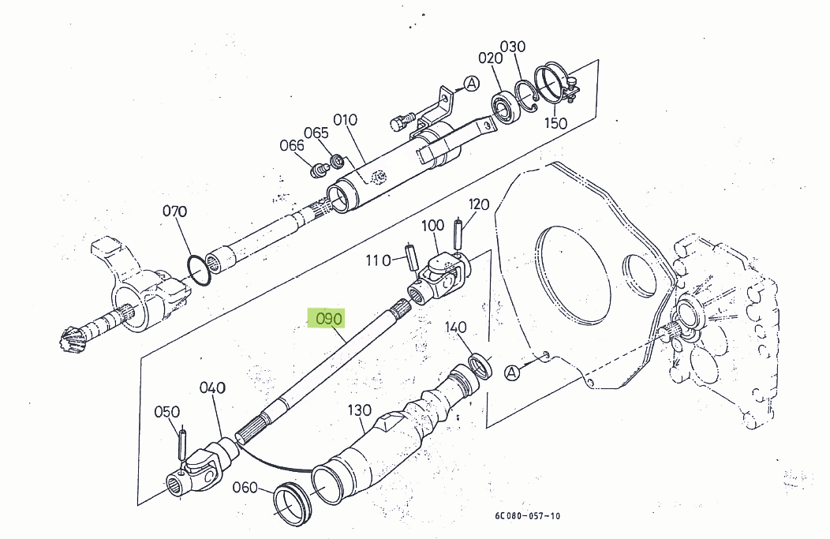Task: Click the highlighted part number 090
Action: pyautogui.click(x=330, y=319)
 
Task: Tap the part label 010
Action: pyautogui.click(x=345, y=120)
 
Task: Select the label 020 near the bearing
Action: pyautogui.click(x=490, y=58)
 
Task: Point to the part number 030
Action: pyautogui.click(x=512, y=47)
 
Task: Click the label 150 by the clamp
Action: pyautogui.click(x=555, y=123)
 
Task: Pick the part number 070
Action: pyautogui.click(x=174, y=211)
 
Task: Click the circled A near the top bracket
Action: pyautogui.click(x=471, y=83)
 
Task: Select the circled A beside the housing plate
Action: pyautogui.click(x=512, y=372)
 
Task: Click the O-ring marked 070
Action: pyautogui.click(x=200, y=269)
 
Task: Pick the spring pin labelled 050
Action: pyautogui.click(x=182, y=443)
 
